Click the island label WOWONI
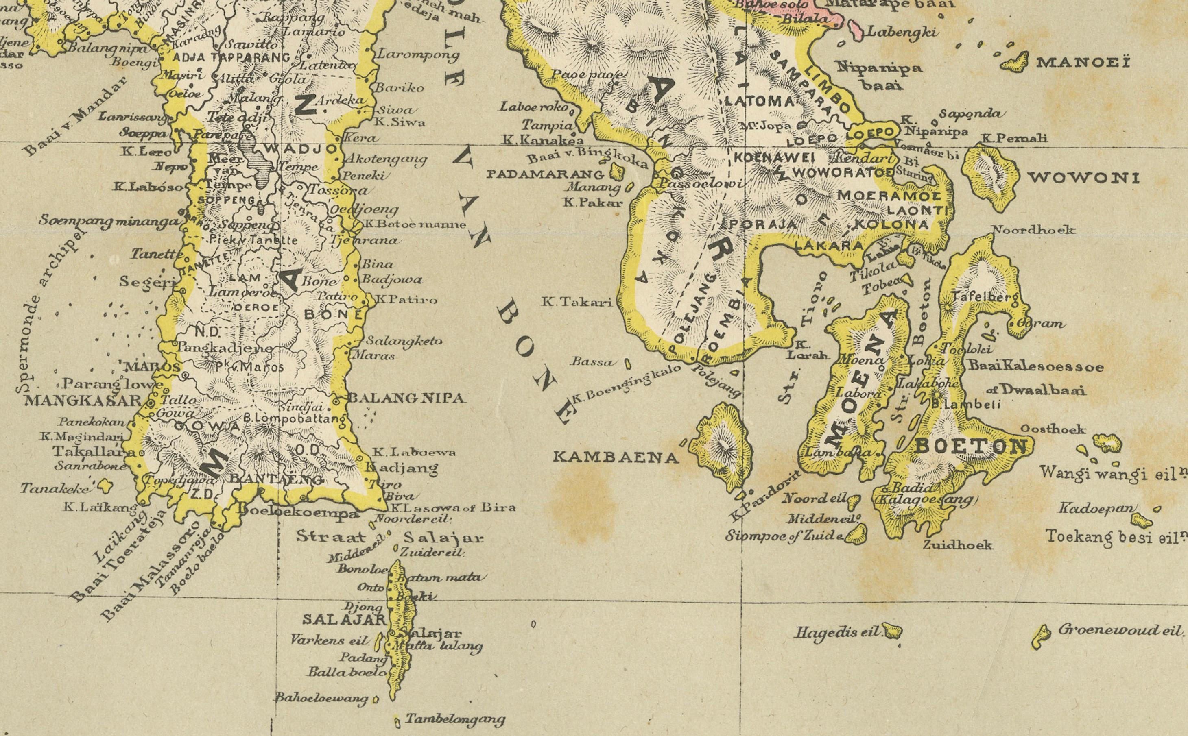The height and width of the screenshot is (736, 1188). pyautogui.click(x=1083, y=178)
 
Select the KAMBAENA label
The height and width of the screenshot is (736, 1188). pyautogui.click(x=616, y=457)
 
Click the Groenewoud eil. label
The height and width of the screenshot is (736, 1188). pyautogui.click(x=1120, y=630)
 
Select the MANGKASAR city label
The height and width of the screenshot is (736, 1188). pyautogui.click(x=82, y=401)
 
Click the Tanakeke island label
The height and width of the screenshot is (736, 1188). pyautogui.click(x=55, y=487)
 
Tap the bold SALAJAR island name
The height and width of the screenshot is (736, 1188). pyautogui.click(x=344, y=620)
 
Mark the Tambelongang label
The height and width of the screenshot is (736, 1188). pyautogui.click(x=455, y=719)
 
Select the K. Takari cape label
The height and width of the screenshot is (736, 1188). pyautogui.click(x=577, y=302)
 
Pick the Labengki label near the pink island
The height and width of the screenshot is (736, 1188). pyautogui.click(x=901, y=33)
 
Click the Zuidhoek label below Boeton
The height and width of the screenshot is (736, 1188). pyautogui.click(x=957, y=545)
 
